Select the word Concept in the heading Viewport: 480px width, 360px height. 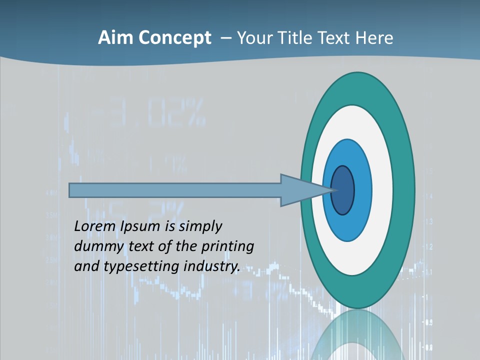(175, 38)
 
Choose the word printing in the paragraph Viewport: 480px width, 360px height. (227, 247)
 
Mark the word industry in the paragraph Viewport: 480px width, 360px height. (212, 266)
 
